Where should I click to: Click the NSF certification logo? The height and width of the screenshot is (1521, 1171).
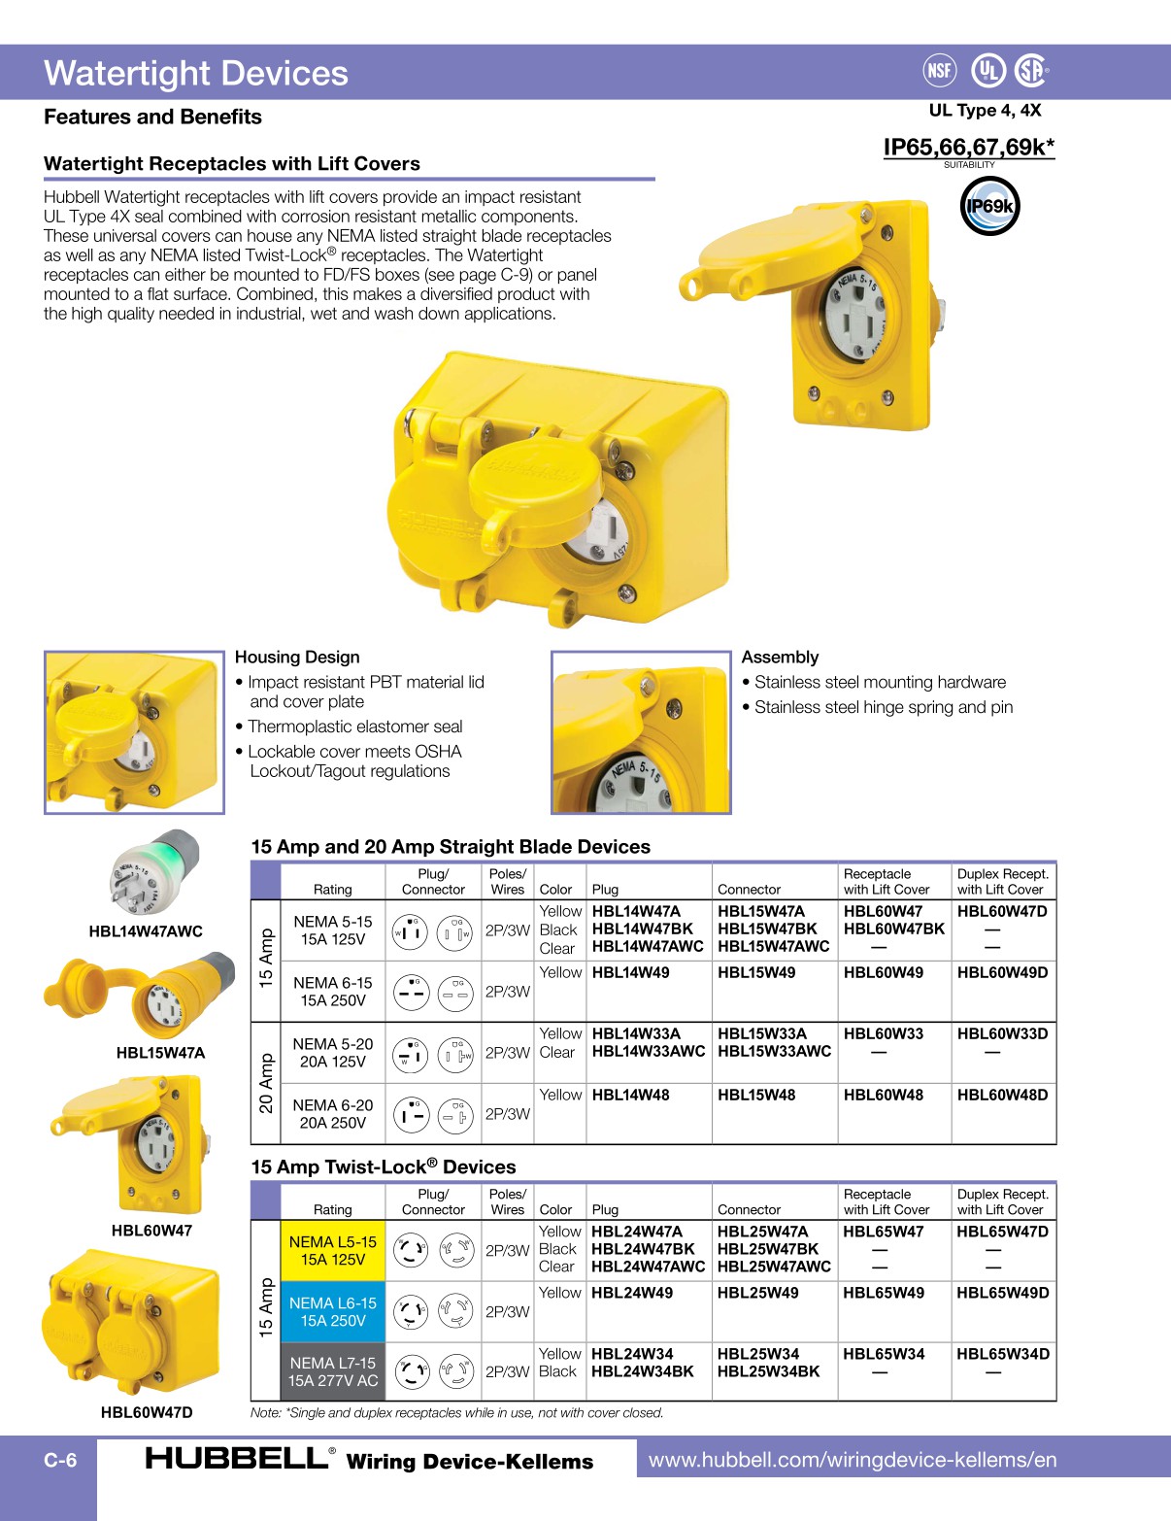(939, 70)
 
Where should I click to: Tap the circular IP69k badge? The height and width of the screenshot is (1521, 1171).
(989, 206)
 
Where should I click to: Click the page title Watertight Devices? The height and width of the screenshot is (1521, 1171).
(196, 74)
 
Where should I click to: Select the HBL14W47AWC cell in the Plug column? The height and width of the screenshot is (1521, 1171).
(647, 947)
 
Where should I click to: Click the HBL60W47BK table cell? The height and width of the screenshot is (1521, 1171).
(893, 929)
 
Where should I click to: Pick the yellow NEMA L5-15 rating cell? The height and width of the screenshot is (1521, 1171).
(332, 1251)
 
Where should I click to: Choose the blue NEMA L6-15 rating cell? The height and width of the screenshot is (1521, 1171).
(332, 1311)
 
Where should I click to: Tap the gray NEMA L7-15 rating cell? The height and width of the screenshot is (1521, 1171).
(332, 1371)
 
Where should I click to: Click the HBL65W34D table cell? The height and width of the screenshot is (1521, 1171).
(1002, 1354)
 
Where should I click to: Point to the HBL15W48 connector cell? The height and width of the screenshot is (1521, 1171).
(755, 1095)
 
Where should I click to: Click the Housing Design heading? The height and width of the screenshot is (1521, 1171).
(297, 658)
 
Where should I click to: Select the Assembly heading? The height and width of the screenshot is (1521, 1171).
(780, 658)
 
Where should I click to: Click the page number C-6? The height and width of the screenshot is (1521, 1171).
(60, 1460)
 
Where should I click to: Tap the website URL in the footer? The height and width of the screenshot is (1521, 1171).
(852, 1460)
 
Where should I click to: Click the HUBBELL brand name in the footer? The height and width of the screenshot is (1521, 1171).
(237, 1458)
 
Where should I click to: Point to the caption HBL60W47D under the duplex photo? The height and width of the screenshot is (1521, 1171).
(147, 1412)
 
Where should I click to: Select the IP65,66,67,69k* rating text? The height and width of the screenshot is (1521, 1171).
(968, 148)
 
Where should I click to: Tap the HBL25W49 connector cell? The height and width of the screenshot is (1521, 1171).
(757, 1293)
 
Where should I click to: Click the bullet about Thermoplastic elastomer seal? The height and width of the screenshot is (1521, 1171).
(354, 727)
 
